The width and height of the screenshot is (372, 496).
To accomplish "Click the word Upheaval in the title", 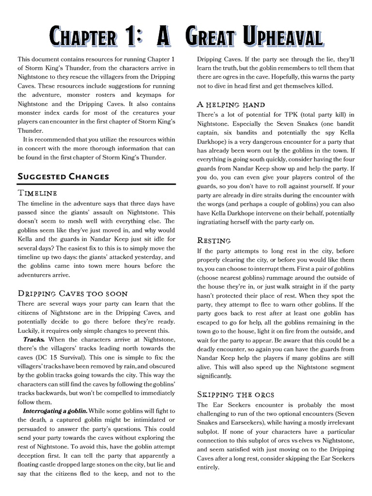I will pos(279,37).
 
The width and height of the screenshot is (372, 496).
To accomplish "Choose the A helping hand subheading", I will pos(231,104).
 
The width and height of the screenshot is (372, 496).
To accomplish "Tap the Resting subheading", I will pos(214,240).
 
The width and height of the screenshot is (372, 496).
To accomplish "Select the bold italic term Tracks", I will pos(33,339).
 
